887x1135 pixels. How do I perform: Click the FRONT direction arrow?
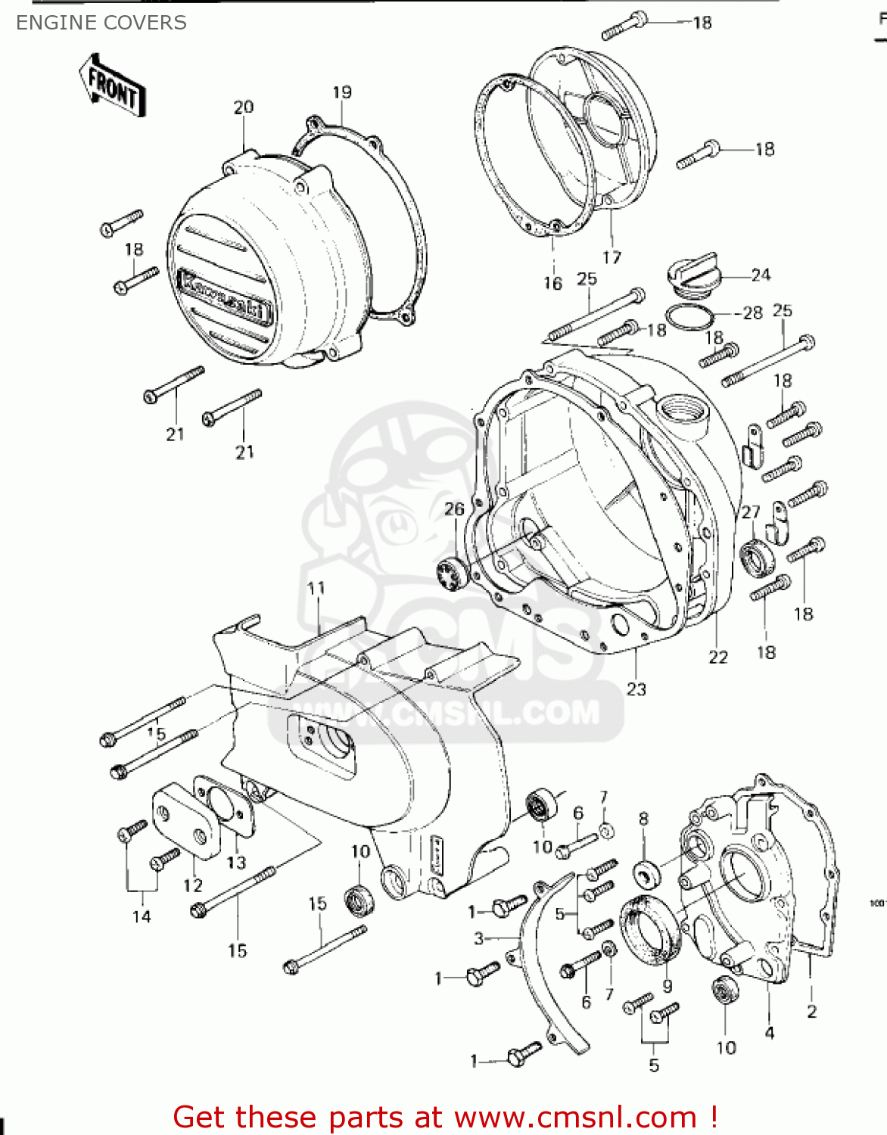(112, 86)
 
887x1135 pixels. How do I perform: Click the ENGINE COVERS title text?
(101, 23)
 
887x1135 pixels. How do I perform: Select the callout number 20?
(243, 107)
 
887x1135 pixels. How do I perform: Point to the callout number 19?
(342, 92)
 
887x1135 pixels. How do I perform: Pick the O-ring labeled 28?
(689, 319)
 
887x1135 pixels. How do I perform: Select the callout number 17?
(612, 257)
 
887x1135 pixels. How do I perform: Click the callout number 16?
(552, 283)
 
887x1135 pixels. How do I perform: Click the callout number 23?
(636, 689)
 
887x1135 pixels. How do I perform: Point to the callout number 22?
(717, 657)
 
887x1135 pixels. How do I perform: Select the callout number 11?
(316, 588)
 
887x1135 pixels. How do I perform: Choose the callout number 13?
(237, 862)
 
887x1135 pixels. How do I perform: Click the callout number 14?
(142, 916)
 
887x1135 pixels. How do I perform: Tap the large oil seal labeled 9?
(649, 927)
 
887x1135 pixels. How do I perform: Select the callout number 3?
(478, 938)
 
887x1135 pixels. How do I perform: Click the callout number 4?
(770, 1032)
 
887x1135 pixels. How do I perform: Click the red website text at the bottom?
(445, 1117)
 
